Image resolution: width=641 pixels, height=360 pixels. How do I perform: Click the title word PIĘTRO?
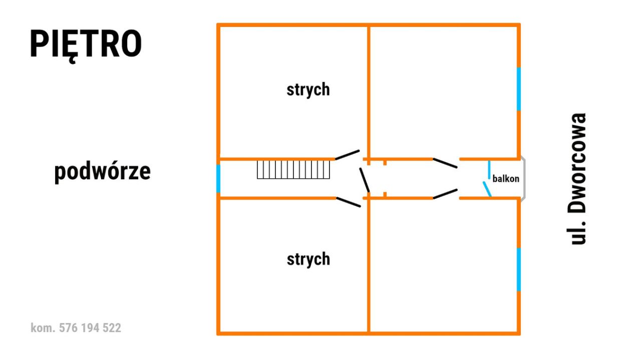[x=86, y=45]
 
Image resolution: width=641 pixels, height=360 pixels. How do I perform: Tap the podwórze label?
[x=103, y=172]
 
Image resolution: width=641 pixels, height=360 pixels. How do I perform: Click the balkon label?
[x=506, y=179]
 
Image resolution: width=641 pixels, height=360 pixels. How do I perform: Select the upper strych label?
[x=308, y=90]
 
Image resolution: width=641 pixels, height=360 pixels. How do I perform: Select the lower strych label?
[x=308, y=259]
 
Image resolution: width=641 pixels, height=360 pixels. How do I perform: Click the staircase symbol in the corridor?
[x=293, y=170]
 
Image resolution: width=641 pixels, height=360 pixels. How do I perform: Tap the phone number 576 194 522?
[x=90, y=328]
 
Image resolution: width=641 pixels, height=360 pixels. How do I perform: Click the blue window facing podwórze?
[x=218, y=179]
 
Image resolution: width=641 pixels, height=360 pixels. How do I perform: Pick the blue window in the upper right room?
[x=518, y=89]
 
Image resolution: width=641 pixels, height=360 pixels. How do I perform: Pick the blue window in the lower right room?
[x=518, y=269]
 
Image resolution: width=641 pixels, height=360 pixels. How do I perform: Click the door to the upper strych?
[x=348, y=155]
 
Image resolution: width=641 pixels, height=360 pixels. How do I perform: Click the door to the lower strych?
[x=348, y=202]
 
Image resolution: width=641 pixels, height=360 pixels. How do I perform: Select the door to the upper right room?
[x=445, y=163]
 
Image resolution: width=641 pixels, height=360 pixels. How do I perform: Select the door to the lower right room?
[x=445, y=194]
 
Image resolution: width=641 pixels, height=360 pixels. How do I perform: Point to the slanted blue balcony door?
[x=487, y=189]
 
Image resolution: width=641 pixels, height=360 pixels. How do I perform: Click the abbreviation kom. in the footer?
[x=43, y=328]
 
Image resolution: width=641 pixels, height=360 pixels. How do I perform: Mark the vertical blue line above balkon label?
[x=489, y=170]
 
